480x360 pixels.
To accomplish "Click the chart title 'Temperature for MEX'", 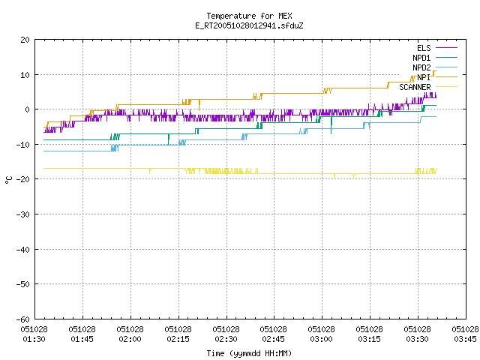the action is (x=249, y=16).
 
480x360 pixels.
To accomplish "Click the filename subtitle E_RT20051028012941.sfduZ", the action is (x=249, y=25).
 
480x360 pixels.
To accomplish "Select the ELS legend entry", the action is (x=436, y=48).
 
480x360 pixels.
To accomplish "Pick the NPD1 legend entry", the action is (x=435, y=58).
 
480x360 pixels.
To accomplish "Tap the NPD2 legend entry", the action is (x=435, y=67).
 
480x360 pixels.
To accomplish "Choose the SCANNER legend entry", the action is (x=428, y=87).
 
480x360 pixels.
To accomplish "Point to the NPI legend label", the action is (x=424, y=77).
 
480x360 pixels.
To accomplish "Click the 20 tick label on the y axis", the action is (x=25, y=40).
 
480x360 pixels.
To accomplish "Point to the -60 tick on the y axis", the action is (x=23, y=319).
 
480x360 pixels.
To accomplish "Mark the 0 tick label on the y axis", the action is (x=28, y=109).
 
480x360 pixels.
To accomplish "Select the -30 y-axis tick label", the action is (x=23, y=214).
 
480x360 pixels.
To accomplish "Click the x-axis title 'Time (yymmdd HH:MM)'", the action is (x=249, y=353).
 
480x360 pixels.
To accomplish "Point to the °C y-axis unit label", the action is (x=8, y=180).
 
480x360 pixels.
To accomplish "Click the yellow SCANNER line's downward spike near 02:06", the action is (x=150, y=171).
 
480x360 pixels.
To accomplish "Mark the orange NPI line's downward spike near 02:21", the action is (x=199, y=105).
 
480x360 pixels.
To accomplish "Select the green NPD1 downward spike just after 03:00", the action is (x=331, y=125).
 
